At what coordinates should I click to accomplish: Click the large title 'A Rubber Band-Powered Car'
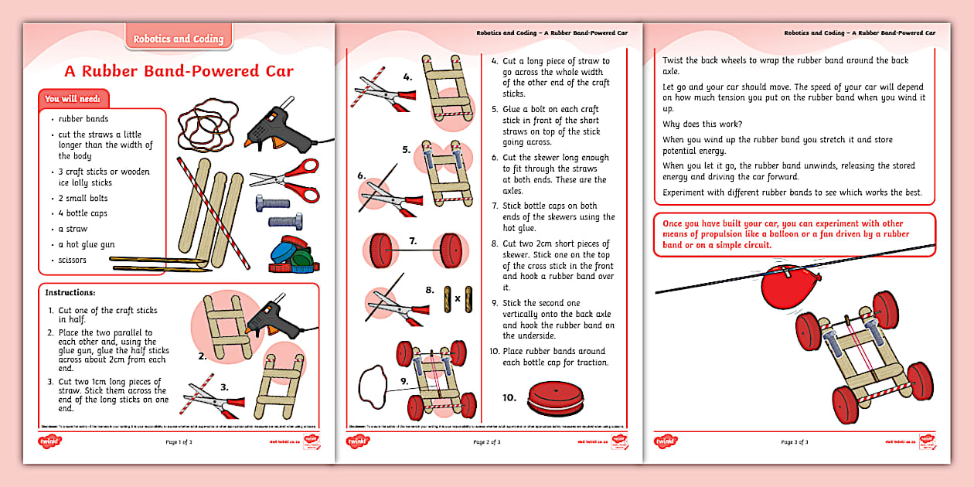[179, 72]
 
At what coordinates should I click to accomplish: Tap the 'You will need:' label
[75, 99]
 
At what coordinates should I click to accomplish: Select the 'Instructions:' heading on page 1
[70, 293]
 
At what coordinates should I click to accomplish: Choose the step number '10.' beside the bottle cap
[509, 397]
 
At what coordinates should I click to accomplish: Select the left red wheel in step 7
[377, 252]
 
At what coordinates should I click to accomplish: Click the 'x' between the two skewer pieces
[457, 298]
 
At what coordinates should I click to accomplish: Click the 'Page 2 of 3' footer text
[487, 442]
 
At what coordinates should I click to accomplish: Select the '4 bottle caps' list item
[83, 213]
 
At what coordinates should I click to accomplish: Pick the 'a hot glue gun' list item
[87, 244]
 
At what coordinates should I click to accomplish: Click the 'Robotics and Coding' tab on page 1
[179, 39]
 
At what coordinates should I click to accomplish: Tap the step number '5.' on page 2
[406, 149]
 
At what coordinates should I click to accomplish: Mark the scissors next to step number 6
[390, 195]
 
